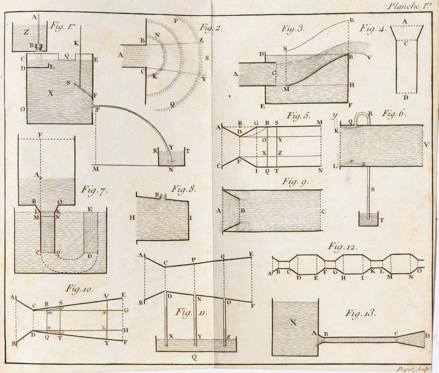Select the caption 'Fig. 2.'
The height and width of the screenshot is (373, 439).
pos(211,28)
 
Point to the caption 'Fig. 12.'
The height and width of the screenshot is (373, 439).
pos(342,247)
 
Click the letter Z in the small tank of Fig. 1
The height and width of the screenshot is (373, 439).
pos(26,33)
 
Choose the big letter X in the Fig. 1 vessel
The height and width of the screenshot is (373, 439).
pos(51,93)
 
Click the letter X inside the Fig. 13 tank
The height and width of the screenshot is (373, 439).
pos(293,322)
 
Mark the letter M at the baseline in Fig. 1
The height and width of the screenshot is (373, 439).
pos(96,169)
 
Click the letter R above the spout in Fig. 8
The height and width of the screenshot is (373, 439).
pos(157,195)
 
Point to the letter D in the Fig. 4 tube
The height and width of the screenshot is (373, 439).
pos(406,97)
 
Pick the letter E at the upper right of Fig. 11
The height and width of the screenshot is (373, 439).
pos(251,254)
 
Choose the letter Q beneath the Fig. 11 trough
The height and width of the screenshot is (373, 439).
pos(194,358)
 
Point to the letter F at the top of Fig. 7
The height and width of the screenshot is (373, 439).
pos(40,134)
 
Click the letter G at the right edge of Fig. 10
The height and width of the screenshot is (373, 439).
pos(126,310)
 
